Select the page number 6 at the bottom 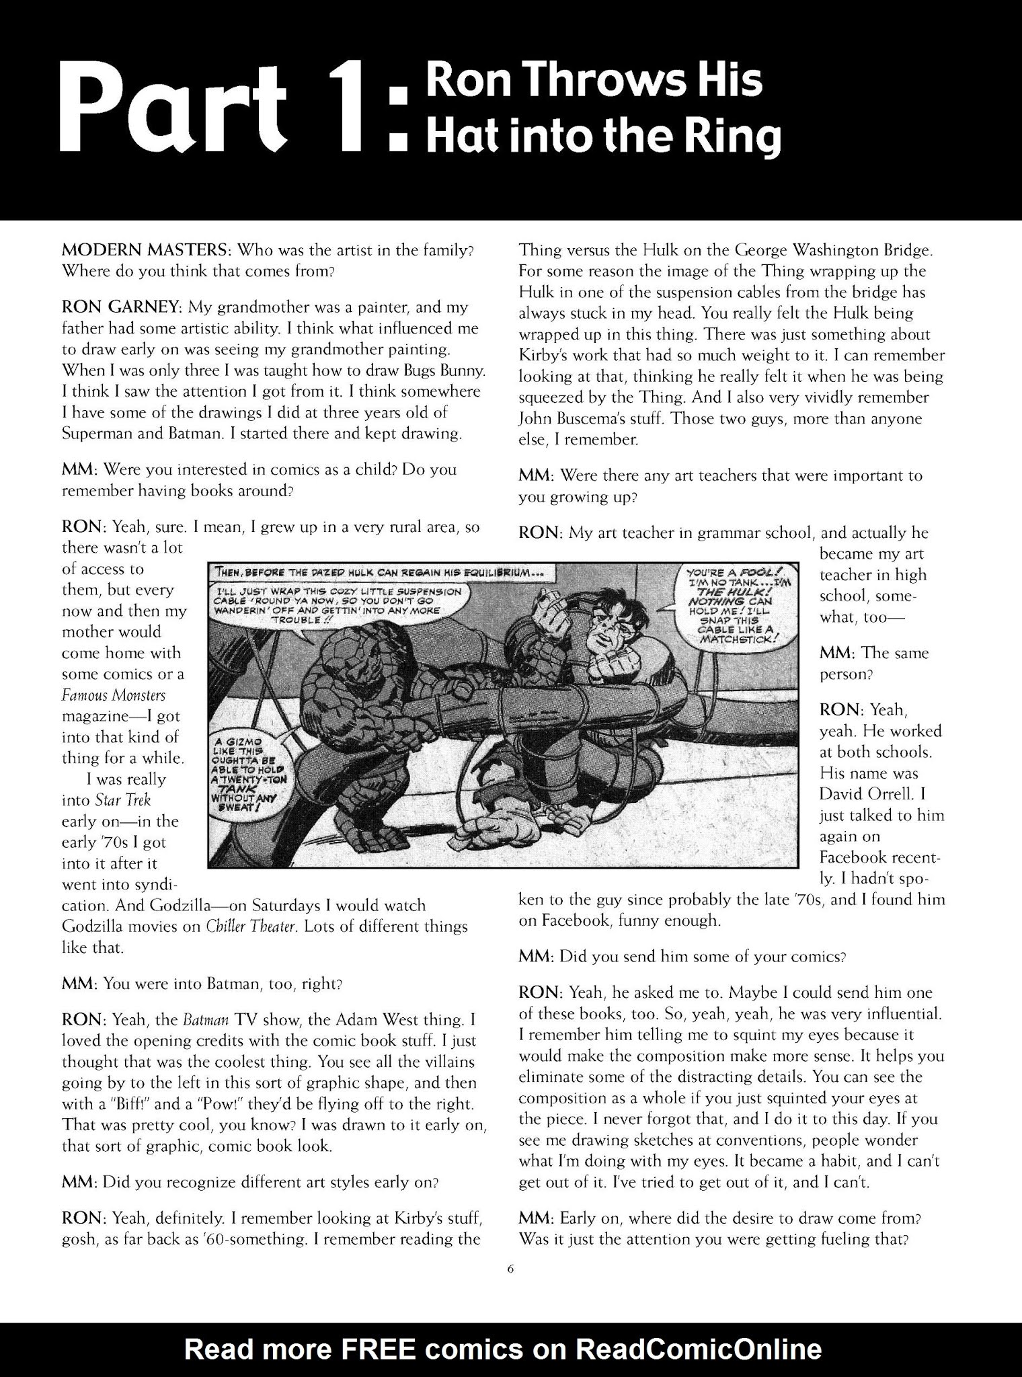coord(510,1269)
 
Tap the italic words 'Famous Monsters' coord(113,695)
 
